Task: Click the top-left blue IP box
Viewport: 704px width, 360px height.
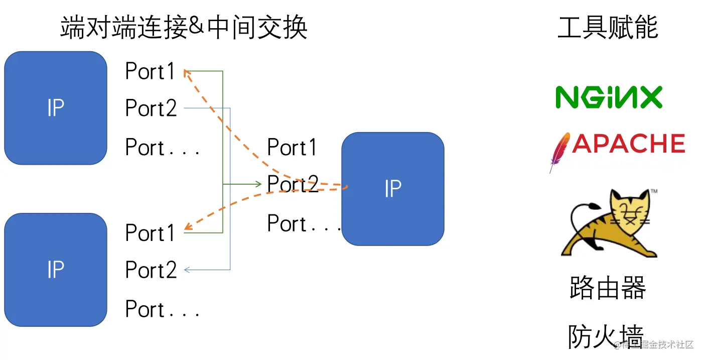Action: click(55, 108)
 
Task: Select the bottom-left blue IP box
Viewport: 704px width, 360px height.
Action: click(55, 270)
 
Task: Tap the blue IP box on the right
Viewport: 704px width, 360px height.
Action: click(392, 189)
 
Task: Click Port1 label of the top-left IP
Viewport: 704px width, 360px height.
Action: click(150, 72)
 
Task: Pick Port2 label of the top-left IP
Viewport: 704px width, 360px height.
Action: click(151, 108)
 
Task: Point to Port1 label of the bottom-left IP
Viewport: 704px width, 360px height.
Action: click(150, 233)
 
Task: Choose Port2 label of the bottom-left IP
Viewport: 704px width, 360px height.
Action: click(151, 270)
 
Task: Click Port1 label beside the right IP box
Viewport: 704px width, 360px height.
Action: click(292, 148)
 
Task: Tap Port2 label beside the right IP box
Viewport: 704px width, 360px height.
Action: click(293, 185)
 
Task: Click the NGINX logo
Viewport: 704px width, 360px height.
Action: click(609, 97)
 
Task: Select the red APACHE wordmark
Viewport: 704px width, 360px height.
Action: click(628, 144)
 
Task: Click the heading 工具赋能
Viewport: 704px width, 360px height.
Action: click(608, 27)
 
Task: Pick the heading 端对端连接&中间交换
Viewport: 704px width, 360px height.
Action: click(184, 28)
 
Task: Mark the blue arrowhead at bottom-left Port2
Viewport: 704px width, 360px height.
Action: click(187, 270)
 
